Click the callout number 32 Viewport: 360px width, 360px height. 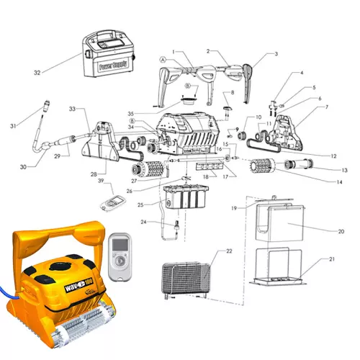click(x=37, y=72)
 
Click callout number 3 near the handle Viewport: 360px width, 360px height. click(x=274, y=54)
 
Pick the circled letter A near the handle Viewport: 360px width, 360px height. click(x=163, y=60)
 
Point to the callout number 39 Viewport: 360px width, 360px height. click(x=102, y=181)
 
